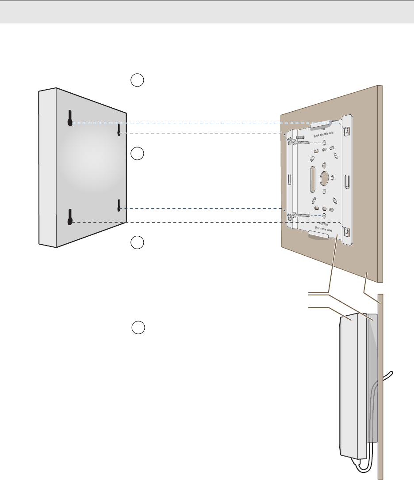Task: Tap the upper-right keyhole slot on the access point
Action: [119, 130]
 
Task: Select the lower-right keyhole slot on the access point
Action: [119, 205]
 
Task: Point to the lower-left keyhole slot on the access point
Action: [70, 217]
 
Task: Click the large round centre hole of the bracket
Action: [324, 178]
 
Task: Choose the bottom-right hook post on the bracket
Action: [347, 231]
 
